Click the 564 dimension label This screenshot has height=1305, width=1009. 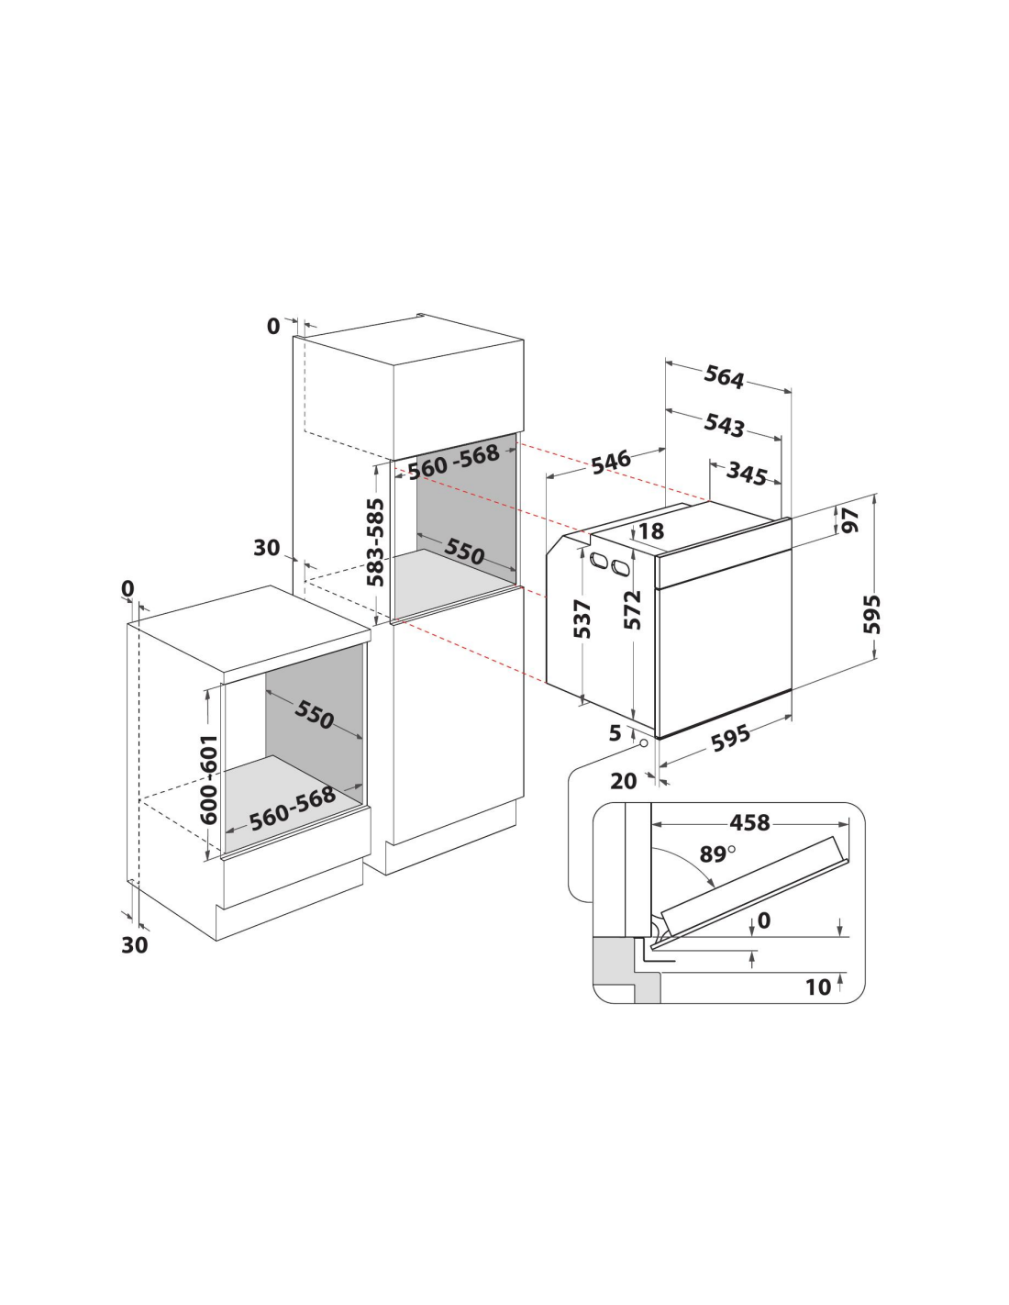click(724, 376)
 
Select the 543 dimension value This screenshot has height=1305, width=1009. click(724, 425)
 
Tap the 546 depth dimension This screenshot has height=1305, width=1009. click(611, 462)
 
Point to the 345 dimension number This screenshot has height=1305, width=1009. click(747, 474)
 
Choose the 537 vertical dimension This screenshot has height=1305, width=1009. click(582, 619)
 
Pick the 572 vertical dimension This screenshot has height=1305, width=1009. click(632, 610)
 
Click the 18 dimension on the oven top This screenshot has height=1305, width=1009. click(651, 530)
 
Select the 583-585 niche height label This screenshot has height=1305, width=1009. click(376, 541)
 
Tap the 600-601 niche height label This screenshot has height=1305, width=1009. click(208, 779)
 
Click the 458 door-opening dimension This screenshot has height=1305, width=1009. click(749, 822)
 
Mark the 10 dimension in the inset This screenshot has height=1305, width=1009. click(818, 987)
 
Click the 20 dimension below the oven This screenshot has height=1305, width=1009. click(623, 781)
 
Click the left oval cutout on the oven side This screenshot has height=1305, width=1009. click(599, 560)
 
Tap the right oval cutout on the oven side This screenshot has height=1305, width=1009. click(621, 567)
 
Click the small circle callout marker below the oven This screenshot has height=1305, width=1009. click(643, 742)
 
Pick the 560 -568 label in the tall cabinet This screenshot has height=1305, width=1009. click(454, 462)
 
